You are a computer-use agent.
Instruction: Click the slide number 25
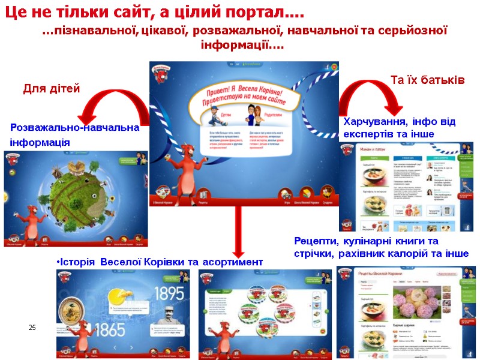32,327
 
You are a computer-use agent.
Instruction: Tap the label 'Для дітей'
52,89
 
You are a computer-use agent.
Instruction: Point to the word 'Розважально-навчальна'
74,128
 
